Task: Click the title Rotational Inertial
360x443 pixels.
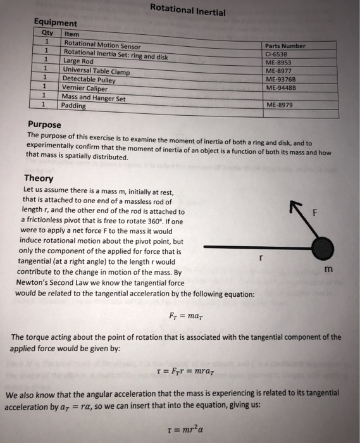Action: click(188, 10)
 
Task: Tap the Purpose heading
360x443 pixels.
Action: click(45, 125)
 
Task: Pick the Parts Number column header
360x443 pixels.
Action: click(286, 46)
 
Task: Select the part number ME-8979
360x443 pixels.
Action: click(280, 105)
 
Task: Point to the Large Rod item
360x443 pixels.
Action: click(78, 61)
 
